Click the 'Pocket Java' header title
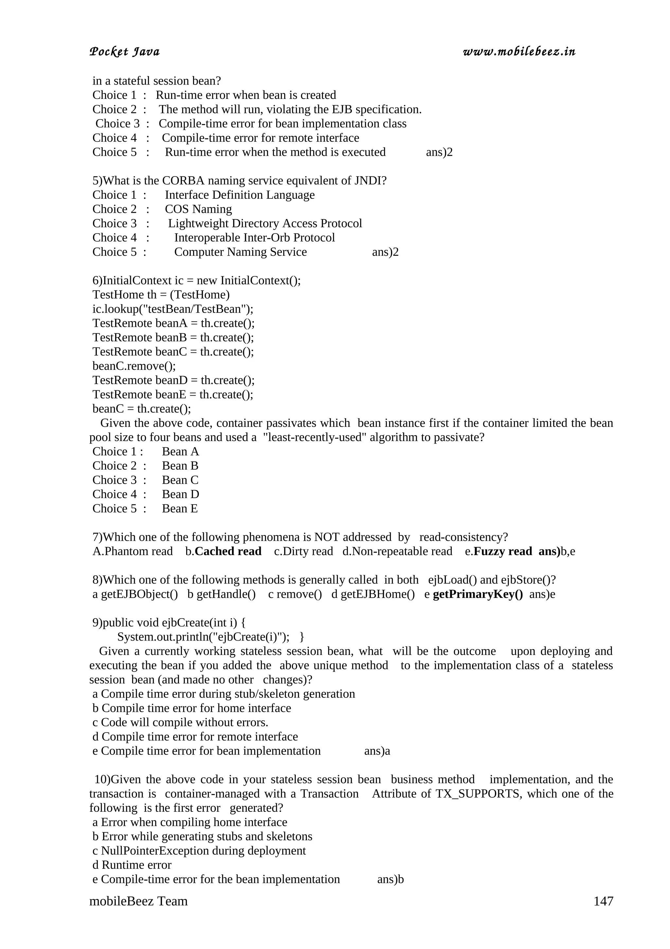coord(124,52)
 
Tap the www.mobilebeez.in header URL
coord(519,51)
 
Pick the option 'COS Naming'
coord(198,209)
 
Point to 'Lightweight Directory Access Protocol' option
coord(265,224)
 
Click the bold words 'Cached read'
coord(228,551)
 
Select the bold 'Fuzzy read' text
coord(502,551)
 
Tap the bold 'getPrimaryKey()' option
coord(478,594)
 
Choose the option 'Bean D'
coord(180,494)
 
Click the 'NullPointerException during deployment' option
coord(199,851)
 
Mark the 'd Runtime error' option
coord(132,865)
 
